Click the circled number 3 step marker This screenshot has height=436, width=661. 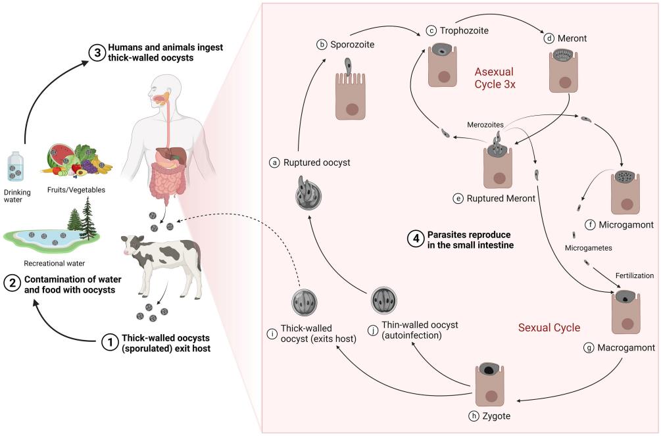point(97,55)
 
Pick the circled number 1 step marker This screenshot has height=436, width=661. point(109,342)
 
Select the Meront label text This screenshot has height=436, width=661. point(572,39)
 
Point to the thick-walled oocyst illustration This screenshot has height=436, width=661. point(305,302)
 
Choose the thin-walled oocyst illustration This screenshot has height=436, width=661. point(384,301)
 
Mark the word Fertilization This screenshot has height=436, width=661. point(634,276)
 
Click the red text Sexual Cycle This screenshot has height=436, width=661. point(549,327)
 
